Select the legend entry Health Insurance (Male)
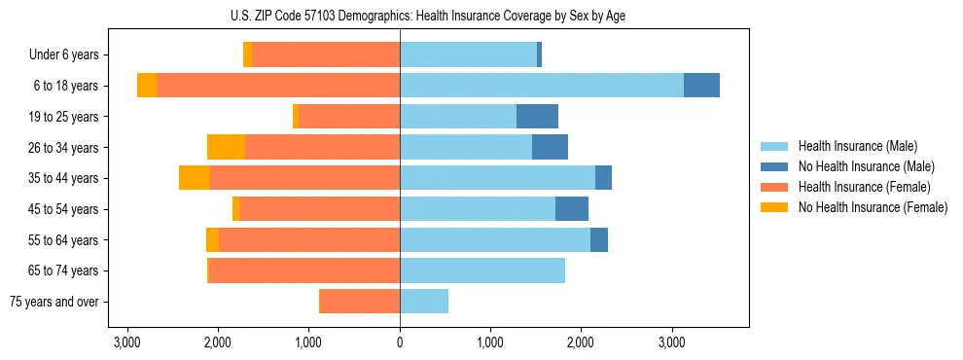click(857, 146)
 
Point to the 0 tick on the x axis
click(400, 342)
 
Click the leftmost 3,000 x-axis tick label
click(127, 342)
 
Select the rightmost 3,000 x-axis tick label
click(672, 342)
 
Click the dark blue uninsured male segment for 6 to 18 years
click(701, 86)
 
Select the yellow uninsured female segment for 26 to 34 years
click(226, 147)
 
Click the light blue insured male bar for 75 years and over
click(424, 302)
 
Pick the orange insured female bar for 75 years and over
click(360, 302)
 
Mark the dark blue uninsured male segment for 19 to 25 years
click(537, 117)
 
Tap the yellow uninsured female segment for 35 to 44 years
click(195, 178)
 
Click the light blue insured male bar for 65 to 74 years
click(482, 270)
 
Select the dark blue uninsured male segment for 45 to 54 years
click(572, 209)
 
